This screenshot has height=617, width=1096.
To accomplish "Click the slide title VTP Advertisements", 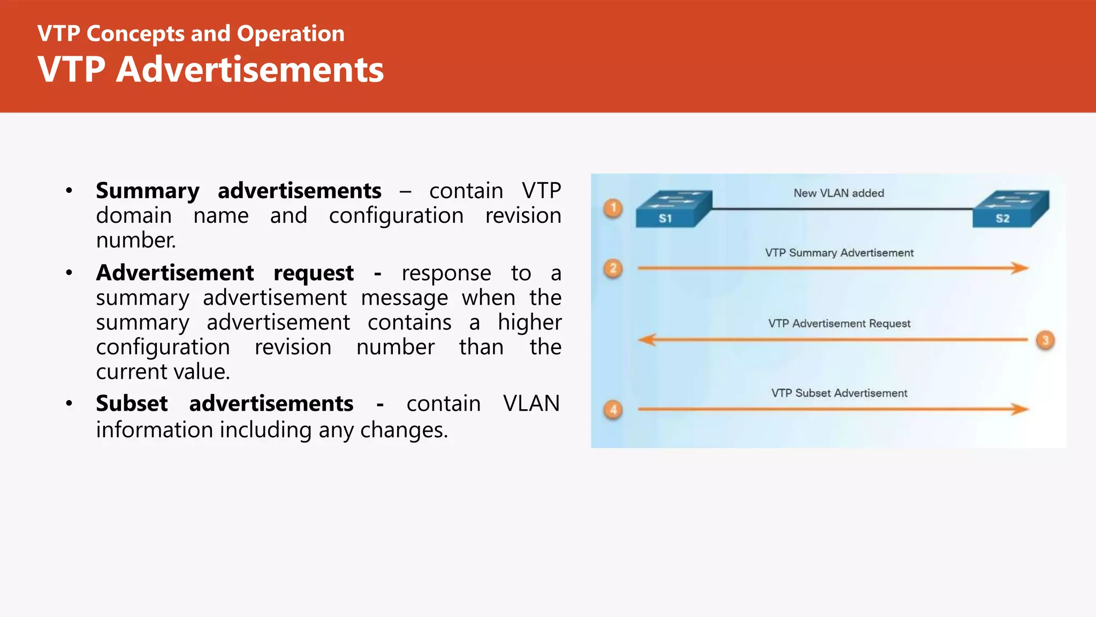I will point(210,70).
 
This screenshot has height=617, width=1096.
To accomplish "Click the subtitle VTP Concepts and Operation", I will point(191,34).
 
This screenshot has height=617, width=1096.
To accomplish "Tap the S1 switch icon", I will point(673,209).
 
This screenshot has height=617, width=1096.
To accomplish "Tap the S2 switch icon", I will point(1010,209).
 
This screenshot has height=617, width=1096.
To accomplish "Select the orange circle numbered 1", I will point(613,208).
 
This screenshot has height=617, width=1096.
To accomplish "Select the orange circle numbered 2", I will point(613,268).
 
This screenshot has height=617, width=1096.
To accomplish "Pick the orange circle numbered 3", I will point(1045,340).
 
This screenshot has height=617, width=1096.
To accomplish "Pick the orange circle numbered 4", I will point(613,410).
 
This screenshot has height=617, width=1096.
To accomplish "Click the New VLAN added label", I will point(839,193).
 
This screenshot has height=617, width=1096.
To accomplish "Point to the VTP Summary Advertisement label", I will point(839,253).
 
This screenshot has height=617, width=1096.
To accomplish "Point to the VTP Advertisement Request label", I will point(839,323).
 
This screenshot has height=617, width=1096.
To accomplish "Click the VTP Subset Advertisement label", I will point(839,393).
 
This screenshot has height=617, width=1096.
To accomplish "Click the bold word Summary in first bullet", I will point(148,191).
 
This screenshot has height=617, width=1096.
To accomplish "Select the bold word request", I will point(314,274).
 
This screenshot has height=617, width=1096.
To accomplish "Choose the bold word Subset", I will point(132,403).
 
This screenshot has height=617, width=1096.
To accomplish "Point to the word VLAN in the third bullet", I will point(531,403).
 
